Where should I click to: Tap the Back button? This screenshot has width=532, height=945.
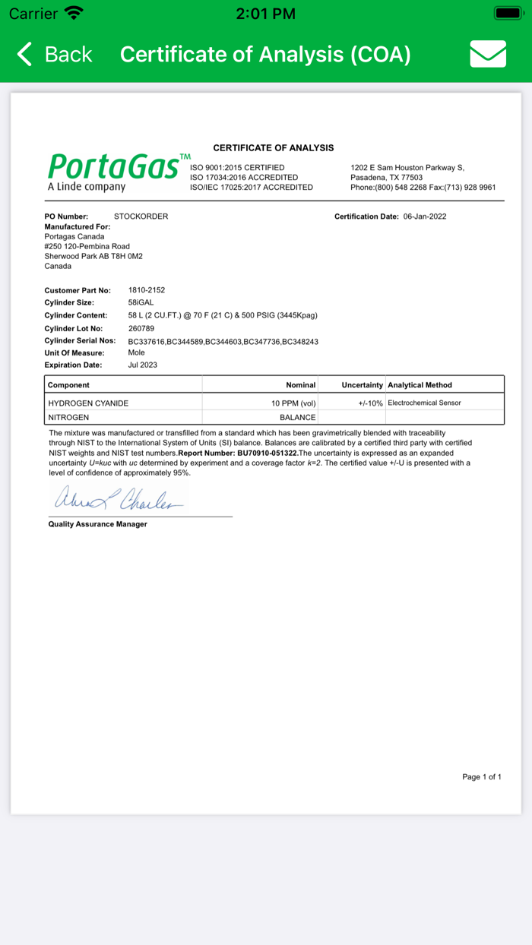55,55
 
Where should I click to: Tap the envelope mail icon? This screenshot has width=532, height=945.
488,55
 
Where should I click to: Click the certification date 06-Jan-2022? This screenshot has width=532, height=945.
425,216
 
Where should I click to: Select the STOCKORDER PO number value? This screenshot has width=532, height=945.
141,216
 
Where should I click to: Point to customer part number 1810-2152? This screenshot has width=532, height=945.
147,290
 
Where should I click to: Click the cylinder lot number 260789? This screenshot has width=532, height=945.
142,328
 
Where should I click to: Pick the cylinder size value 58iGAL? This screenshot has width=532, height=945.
141,302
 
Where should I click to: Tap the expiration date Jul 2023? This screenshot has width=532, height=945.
143,365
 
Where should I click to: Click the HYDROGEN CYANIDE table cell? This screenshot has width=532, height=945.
88,403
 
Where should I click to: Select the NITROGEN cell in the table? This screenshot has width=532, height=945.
68,418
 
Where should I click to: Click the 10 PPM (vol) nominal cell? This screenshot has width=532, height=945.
293,403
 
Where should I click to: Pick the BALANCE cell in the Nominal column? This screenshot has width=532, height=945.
297,418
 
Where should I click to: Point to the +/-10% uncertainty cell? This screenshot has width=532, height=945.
370,403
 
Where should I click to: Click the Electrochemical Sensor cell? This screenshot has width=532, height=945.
424,403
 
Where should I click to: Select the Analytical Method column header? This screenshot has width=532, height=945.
420,385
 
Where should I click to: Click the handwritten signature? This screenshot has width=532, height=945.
118,498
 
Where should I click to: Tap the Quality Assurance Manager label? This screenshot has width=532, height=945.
98,524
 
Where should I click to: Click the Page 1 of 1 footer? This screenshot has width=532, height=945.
482,777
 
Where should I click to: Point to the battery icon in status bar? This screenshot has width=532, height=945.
508,13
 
